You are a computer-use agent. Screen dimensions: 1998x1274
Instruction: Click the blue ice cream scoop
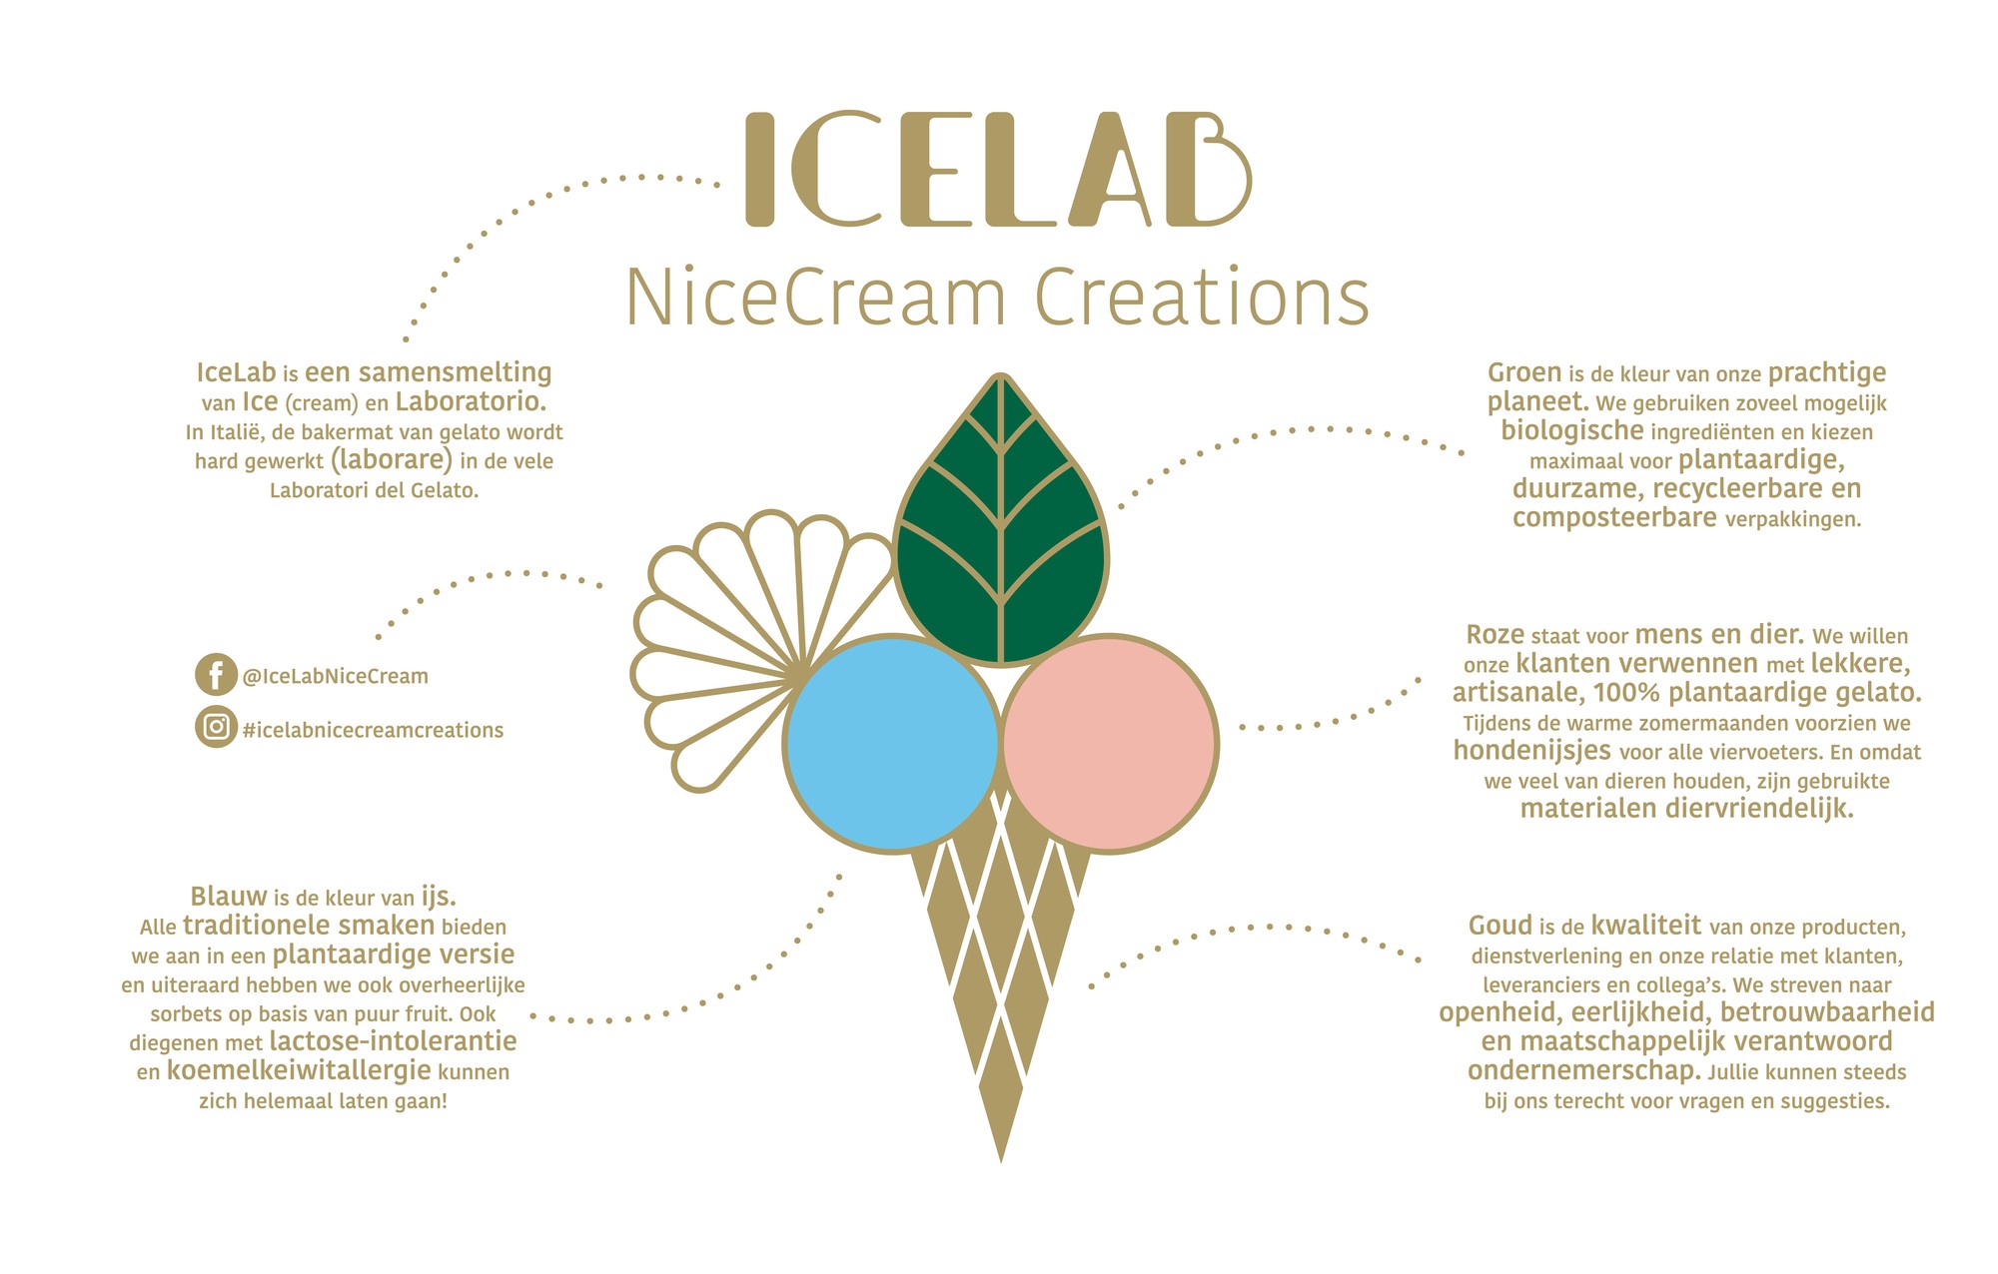click(892, 744)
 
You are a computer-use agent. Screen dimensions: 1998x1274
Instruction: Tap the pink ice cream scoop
click(1109, 744)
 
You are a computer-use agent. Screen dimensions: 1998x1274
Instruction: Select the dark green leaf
click(1000, 519)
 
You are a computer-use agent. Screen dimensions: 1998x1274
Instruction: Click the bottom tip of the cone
click(1001, 1162)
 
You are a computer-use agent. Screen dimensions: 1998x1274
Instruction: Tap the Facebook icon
click(216, 675)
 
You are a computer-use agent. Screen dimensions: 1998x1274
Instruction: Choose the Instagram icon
click(216, 727)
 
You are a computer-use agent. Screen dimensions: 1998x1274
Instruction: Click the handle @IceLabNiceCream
click(336, 676)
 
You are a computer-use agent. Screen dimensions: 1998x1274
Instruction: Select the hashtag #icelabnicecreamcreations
click(373, 730)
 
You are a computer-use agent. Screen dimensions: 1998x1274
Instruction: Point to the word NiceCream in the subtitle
click(815, 298)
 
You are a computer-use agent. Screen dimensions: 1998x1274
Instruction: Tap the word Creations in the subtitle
click(1202, 298)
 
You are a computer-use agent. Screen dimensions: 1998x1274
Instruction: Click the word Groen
click(1524, 373)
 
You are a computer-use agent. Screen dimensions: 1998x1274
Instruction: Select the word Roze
click(1496, 635)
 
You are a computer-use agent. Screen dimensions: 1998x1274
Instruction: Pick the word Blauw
click(229, 896)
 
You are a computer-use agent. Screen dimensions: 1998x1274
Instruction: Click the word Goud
click(1500, 926)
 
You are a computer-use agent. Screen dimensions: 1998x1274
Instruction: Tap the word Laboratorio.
click(472, 401)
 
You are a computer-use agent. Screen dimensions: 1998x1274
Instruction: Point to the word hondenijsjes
click(1532, 751)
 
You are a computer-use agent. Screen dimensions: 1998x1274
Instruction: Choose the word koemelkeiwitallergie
click(299, 1071)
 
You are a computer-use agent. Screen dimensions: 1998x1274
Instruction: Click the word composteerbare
click(1614, 518)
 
